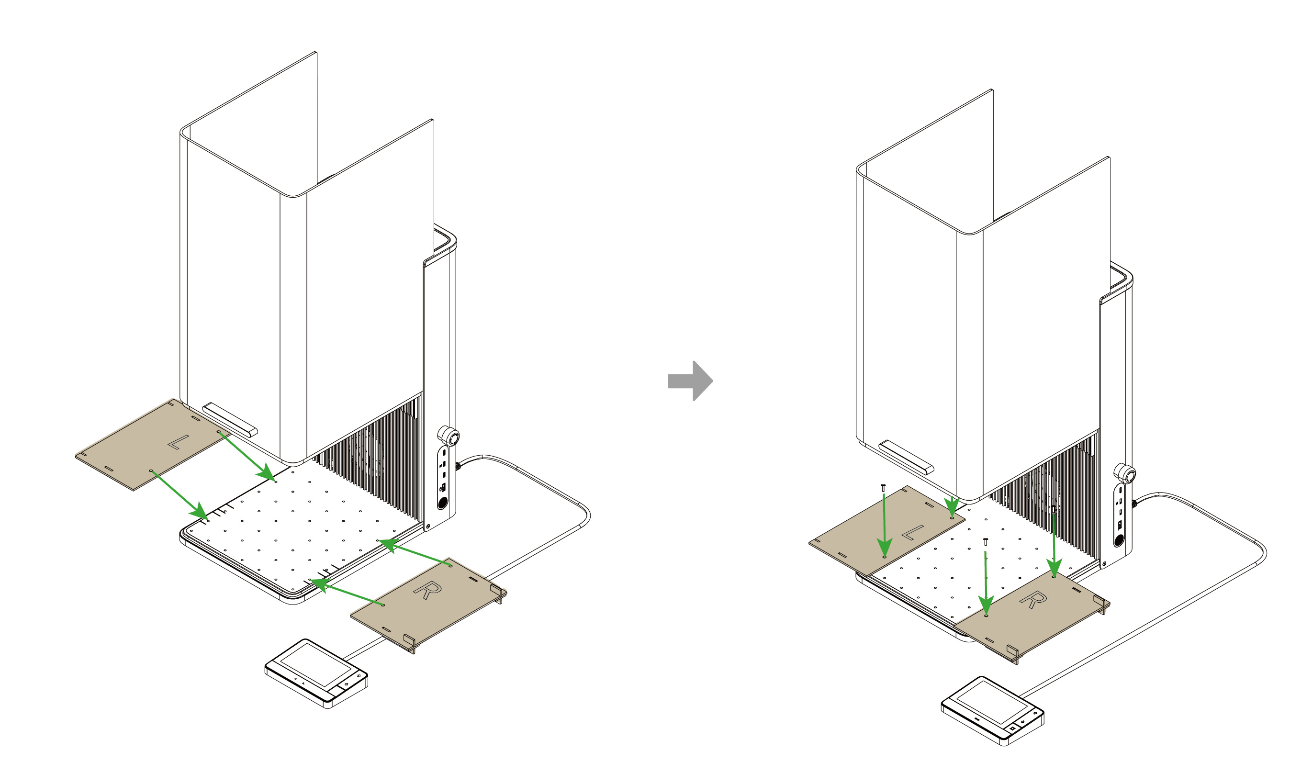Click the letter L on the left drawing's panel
click(x=178, y=442)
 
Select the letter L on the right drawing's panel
click(x=912, y=532)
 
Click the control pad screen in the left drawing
click(x=316, y=665)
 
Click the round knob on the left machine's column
click(x=449, y=436)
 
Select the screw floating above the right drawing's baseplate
click(x=985, y=541)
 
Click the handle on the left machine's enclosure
click(x=230, y=419)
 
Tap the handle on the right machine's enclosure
click(x=906, y=457)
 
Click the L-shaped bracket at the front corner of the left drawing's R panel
click(x=410, y=642)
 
